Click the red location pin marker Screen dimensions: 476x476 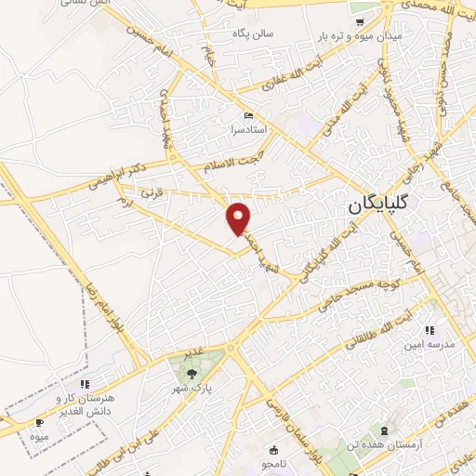[239, 218]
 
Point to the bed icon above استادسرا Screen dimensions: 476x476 [247, 115]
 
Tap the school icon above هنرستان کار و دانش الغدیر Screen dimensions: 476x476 [84, 383]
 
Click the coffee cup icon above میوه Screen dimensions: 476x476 [38, 423]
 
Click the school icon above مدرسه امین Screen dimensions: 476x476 [429, 329]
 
